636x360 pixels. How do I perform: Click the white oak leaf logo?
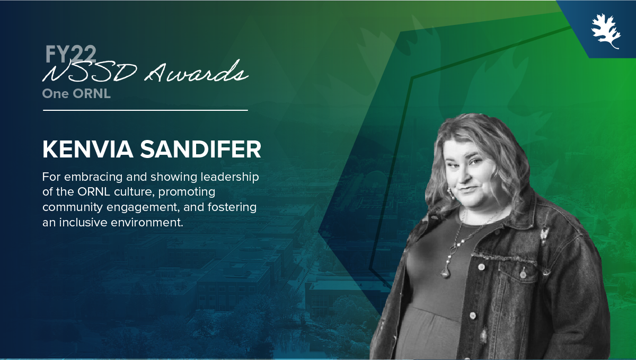606,31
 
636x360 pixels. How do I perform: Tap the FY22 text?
70,54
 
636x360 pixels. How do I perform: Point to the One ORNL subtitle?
76,94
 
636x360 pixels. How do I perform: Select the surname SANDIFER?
200,149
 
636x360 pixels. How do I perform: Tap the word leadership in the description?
229,177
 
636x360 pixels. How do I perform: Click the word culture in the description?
134,192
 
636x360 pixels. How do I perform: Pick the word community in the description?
73,207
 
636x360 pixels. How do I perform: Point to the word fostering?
232,207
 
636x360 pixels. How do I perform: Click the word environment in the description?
147,223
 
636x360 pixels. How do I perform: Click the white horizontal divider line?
145,110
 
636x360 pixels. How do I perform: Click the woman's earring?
450,193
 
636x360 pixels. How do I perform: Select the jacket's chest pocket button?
523,275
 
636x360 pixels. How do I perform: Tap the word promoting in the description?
187,192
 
